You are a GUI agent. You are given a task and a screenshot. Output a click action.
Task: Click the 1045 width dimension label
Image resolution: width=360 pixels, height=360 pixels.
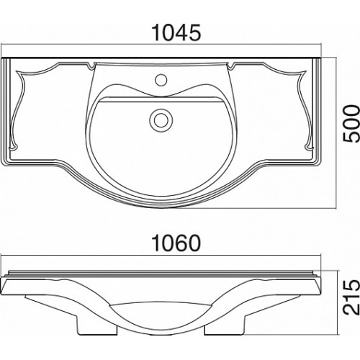point(176,33)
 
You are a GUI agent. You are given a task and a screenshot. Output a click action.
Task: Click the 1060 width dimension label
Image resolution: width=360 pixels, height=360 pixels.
point(176,243)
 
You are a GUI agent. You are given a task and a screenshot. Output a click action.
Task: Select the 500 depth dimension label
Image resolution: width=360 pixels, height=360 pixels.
point(351,123)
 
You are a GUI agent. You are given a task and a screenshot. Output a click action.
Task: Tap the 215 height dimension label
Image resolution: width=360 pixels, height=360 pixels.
point(351,297)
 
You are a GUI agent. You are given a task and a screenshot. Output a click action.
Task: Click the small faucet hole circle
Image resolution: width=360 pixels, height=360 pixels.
point(161,79)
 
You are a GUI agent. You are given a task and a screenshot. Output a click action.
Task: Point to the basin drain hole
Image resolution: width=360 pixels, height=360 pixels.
point(161,120)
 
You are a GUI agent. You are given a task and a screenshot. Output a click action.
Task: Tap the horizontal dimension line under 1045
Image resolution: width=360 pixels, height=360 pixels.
point(161,44)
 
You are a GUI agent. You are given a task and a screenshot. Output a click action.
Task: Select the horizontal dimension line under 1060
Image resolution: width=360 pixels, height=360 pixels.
point(161,256)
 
